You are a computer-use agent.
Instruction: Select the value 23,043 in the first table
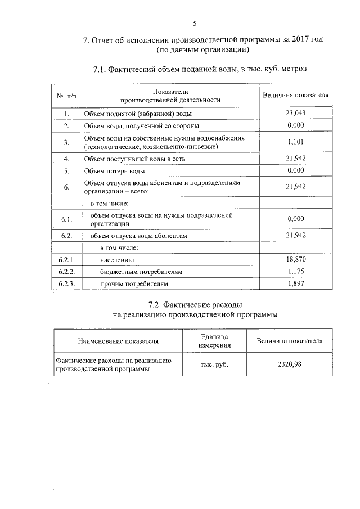(295, 113)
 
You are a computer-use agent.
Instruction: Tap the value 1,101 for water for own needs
(295, 142)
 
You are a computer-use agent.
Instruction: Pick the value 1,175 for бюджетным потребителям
(295, 272)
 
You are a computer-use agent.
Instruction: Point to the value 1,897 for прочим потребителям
(295, 283)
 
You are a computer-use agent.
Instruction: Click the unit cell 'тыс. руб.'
(214, 364)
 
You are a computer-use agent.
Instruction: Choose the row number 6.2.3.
(66, 283)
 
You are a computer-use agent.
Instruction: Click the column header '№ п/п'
(66, 96)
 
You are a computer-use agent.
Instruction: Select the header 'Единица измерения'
(214, 341)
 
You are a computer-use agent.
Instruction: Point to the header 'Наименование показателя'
(118, 341)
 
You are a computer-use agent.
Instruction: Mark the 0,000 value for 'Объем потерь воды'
(295, 170)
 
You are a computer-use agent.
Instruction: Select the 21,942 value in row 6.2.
(295, 235)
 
